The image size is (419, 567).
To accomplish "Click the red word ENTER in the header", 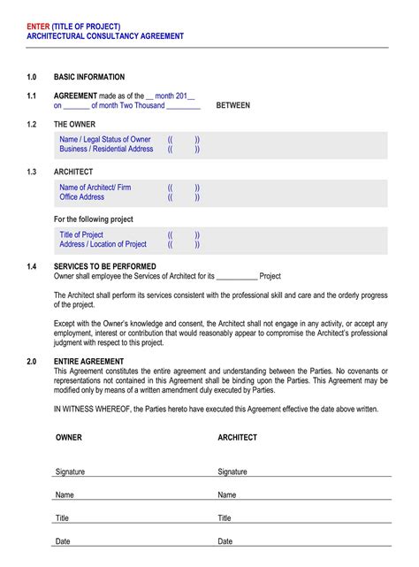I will click(38, 26).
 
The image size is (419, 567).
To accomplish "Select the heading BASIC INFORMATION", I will click(89, 77).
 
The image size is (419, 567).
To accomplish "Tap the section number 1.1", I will click(32, 96).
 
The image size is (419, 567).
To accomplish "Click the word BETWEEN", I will click(232, 105).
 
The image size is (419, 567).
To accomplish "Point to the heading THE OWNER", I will click(74, 124).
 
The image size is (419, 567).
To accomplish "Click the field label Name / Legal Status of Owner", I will click(105, 140).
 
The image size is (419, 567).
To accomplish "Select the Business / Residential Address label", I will click(106, 149).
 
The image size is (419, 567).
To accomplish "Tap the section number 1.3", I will click(32, 172).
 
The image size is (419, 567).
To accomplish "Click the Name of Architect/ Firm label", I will click(95, 188).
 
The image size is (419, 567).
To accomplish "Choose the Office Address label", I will click(82, 197).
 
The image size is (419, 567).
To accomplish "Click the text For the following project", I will click(94, 219).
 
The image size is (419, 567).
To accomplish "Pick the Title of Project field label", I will click(81, 234).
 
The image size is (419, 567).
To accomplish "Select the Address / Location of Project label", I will click(103, 244).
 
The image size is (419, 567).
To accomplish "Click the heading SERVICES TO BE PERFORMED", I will click(105, 266).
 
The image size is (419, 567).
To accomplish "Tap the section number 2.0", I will click(32, 362).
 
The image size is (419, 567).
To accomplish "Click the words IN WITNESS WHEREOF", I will click(92, 410).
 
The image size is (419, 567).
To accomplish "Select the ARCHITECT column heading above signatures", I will click(238, 437).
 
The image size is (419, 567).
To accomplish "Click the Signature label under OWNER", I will click(70, 471).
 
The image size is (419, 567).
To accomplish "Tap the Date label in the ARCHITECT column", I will click(225, 540).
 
